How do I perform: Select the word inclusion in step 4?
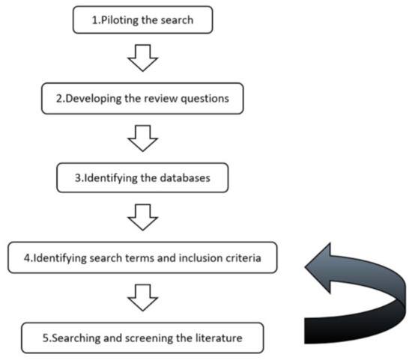point(196,259)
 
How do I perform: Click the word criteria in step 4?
point(242,259)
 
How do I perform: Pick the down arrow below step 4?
point(142,298)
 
